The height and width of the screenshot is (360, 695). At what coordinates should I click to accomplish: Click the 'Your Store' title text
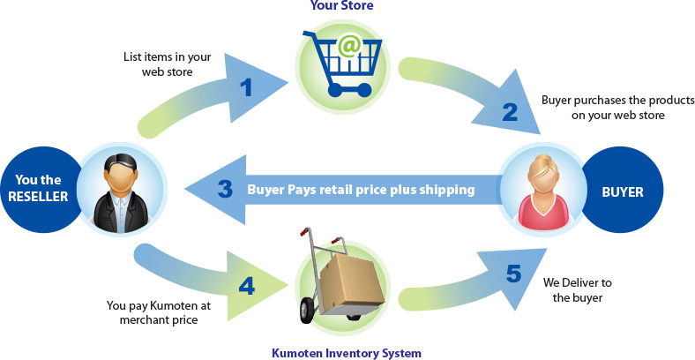[x=341, y=6]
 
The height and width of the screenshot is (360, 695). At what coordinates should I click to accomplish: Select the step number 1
[x=246, y=87]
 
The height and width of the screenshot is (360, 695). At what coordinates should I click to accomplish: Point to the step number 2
[x=509, y=111]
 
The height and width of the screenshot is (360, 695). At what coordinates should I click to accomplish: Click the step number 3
[x=225, y=189]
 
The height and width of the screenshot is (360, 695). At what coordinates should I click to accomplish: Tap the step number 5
[x=513, y=274]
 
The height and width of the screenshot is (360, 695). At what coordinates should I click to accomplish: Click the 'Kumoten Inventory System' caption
[x=346, y=353]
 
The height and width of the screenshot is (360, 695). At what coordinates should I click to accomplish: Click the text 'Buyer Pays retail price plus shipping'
[x=361, y=189]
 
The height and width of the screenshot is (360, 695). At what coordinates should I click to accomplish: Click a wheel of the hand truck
[x=309, y=310]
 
